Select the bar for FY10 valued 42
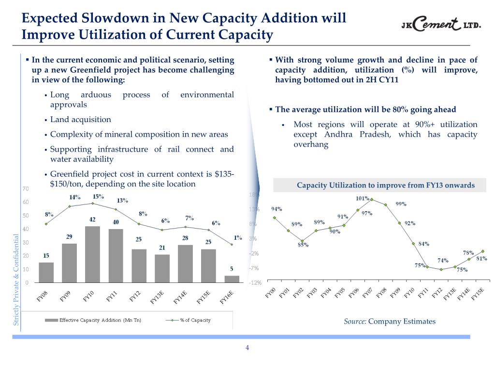(92, 254)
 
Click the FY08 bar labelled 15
(46, 272)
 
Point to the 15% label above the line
(98, 196)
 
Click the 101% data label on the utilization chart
(363, 198)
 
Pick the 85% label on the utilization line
(303, 245)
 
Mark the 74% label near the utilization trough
(443, 261)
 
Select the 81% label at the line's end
(481, 259)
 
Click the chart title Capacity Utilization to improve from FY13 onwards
(385, 185)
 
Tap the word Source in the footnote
(355, 321)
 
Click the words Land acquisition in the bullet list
(80, 119)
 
